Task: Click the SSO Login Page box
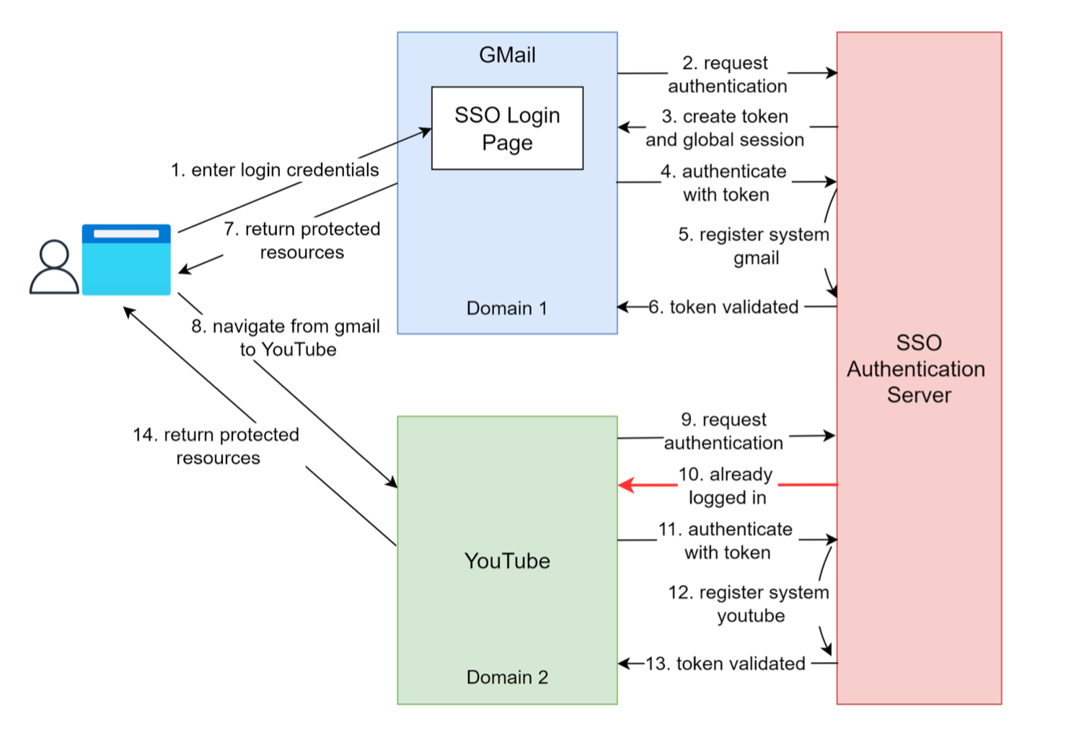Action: coord(507,128)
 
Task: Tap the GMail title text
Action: coord(507,56)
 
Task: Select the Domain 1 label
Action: coord(507,309)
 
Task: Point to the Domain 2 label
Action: coord(507,677)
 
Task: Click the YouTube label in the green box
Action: coord(507,561)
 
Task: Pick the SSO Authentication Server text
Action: coord(917,369)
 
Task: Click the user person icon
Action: coord(54,268)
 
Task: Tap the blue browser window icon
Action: coord(126,260)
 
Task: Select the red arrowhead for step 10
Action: coord(626,485)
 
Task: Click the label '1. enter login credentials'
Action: coord(275,170)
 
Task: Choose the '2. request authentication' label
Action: coord(727,75)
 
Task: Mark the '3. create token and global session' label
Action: coord(725,128)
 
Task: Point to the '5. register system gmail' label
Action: coord(754,246)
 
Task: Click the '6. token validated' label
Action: coord(724,307)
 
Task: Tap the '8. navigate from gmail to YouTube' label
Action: coord(286,338)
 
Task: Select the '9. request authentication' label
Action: coord(724,431)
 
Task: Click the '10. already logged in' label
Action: coord(726,485)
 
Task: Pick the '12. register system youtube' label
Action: coord(749,604)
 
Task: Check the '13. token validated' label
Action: coord(726,664)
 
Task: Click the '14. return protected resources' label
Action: coord(216,446)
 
